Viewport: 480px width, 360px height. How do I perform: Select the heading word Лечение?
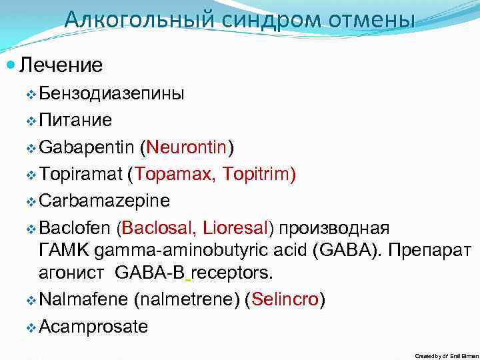(61, 65)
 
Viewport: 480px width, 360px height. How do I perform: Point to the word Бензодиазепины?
(112, 93)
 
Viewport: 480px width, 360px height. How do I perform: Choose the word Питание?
(75, 120)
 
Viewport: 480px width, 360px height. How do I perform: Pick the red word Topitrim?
(256, 174)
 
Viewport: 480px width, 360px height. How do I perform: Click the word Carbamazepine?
(105, 201)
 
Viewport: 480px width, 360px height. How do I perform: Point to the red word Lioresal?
(234, 228)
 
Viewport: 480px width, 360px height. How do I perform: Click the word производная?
(334, 228)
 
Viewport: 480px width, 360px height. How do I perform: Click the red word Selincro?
(285, 300)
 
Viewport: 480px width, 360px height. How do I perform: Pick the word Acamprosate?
(93, 327)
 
